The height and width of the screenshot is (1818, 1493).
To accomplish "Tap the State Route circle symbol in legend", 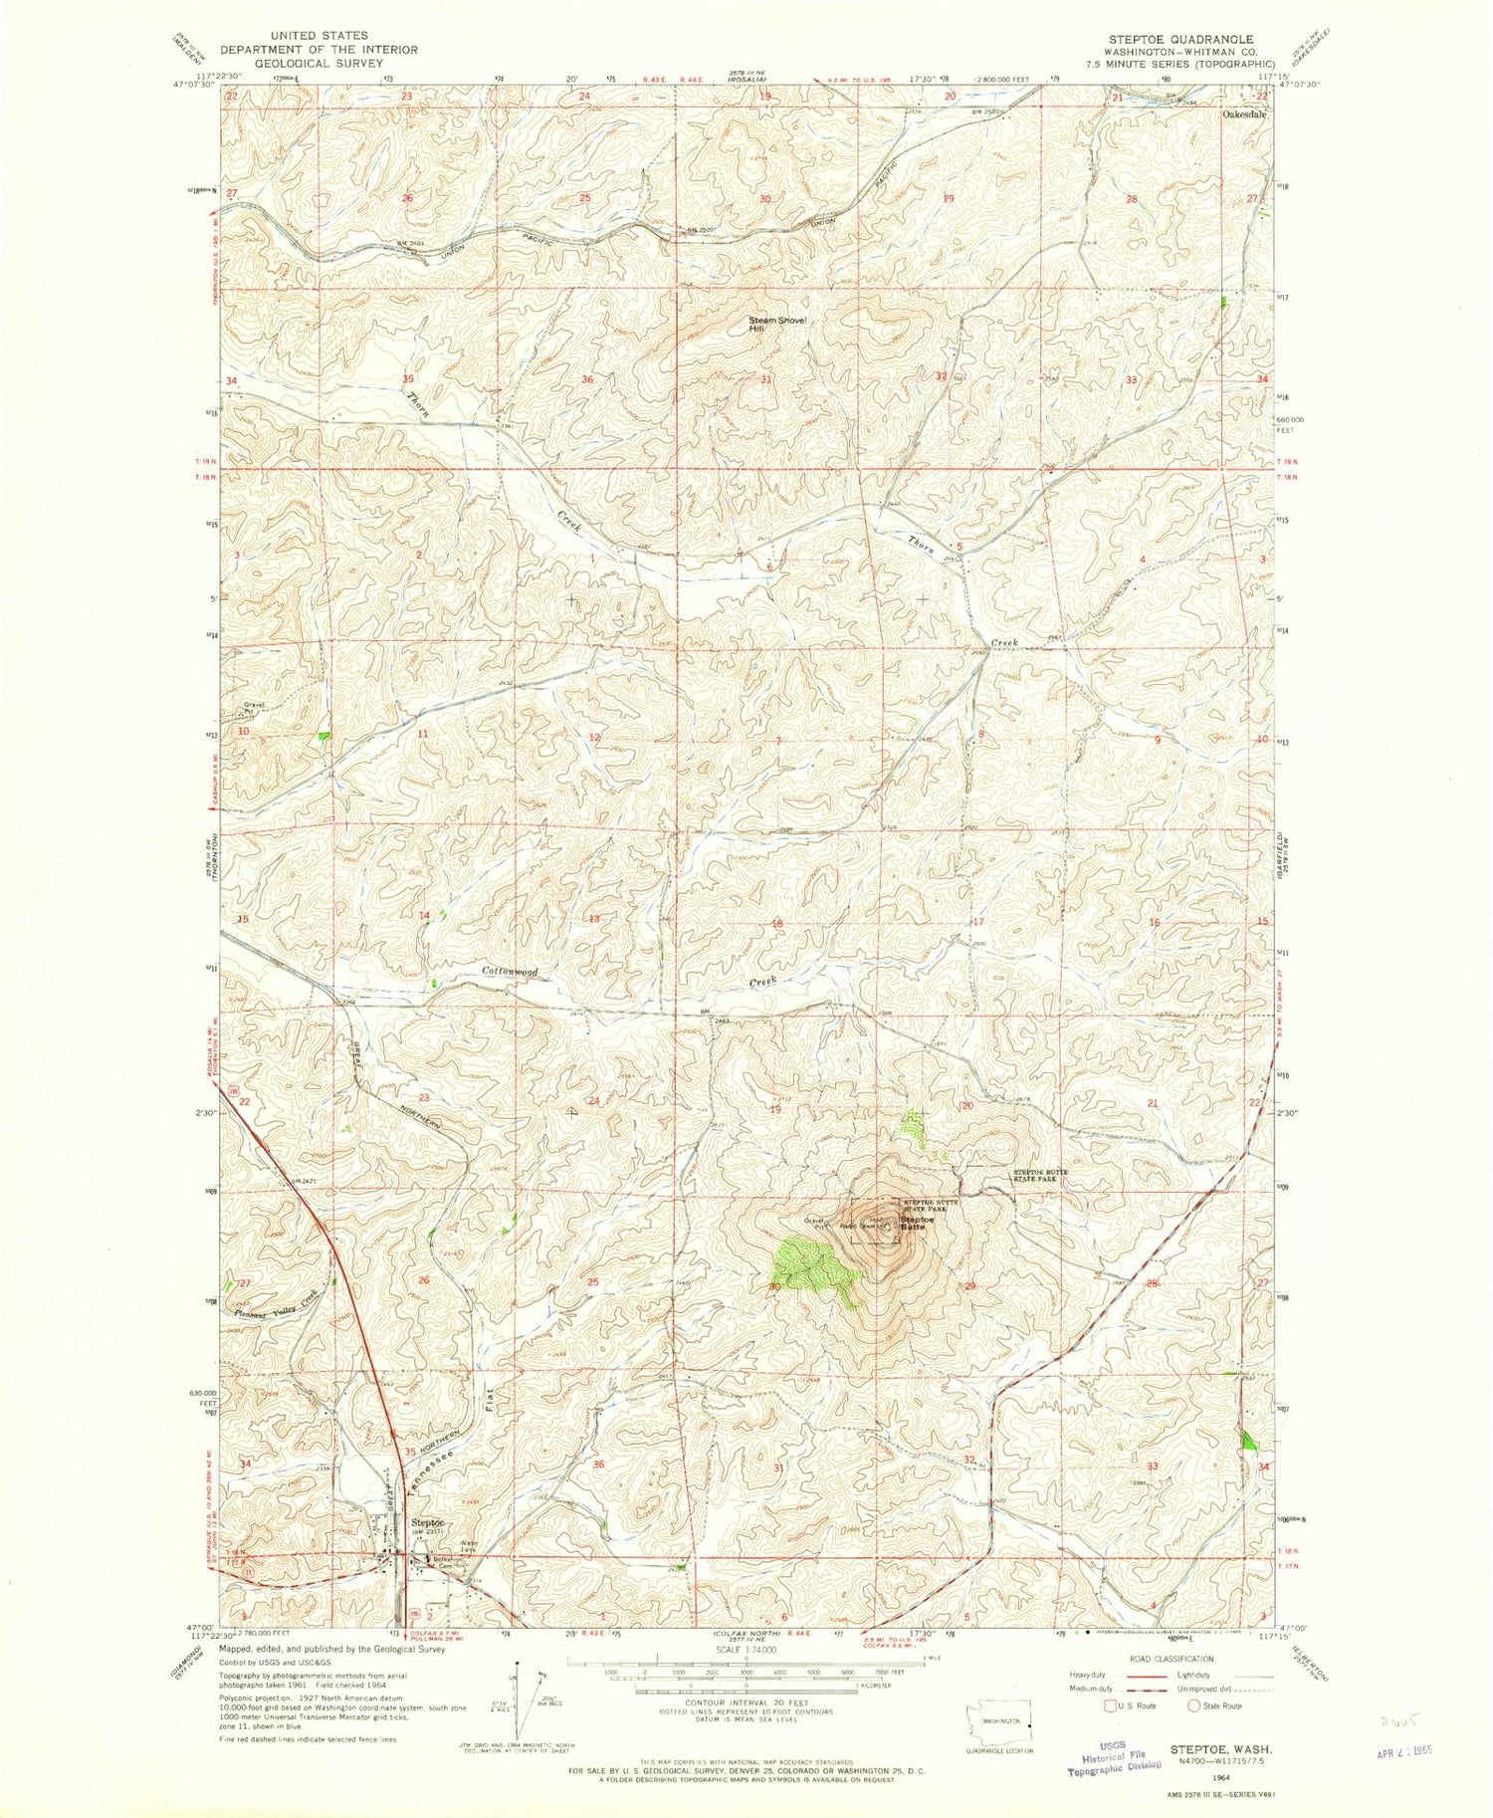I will pos(1193,1705).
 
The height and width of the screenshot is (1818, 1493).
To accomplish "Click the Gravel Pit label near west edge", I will pos(252,708).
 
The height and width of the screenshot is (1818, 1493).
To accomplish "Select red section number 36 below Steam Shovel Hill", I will pos(588,380).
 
